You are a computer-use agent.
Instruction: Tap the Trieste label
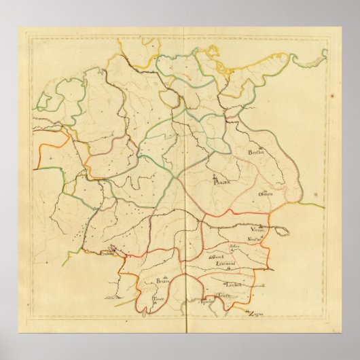coord(224,296)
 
